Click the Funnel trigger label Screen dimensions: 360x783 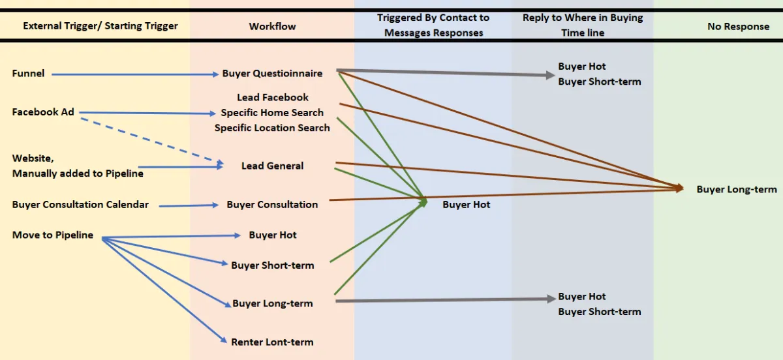coord(28,74)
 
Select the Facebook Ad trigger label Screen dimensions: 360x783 coord(43,112)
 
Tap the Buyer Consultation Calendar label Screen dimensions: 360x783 coord(80,205)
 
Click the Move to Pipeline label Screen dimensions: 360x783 coord(53,235)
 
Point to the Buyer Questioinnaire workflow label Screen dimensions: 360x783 coord(272,74)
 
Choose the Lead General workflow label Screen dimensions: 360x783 coord(272,166)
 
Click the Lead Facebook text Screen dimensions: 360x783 coord(273,98)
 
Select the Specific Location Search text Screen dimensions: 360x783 coord(272,128)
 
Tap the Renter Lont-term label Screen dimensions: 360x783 coord(272,342)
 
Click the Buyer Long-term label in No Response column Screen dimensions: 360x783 coord(737,190)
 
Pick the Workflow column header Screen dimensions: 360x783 coord(272,27)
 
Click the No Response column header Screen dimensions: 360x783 coord(738,27)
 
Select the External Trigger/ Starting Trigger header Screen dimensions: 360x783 coord(100,27)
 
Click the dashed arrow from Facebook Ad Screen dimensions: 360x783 coord(150,140)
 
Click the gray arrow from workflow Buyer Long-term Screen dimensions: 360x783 coord(444,300)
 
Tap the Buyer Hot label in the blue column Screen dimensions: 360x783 coord(466,205)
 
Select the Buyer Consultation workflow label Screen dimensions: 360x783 coord(272,205)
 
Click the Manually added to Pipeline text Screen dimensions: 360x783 coord(78,173)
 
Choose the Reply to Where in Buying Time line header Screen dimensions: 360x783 coord(583,25)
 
